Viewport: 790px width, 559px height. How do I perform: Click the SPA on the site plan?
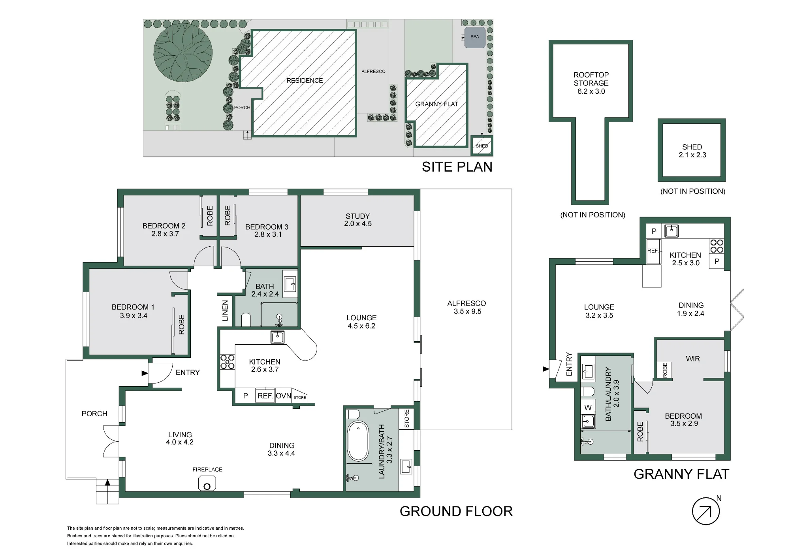pos(474,37)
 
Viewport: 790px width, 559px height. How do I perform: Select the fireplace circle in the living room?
pos(207,487)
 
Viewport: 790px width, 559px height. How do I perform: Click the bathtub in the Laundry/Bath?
pos(357,441)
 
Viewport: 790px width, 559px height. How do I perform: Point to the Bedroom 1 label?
pos(133,307)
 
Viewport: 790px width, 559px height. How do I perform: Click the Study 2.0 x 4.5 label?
pos(358,220)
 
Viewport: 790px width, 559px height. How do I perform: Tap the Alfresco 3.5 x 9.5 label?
pos(467,307)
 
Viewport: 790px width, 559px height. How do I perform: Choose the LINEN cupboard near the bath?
pos(225,311)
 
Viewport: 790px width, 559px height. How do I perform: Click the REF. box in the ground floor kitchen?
pos(265,396)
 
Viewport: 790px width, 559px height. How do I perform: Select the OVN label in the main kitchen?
pos(283,396)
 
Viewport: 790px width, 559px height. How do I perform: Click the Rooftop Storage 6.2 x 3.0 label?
pos(591,83)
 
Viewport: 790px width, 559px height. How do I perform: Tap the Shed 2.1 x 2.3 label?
pos(692,151)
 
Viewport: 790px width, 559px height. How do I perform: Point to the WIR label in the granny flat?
pos(693,359)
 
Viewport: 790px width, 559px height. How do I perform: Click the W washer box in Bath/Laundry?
pos(588,407)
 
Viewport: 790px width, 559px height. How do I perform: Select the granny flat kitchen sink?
pos(671,231)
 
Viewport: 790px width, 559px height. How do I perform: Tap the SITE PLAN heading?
pos(457,167)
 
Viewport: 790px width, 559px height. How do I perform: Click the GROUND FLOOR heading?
pos(456,511)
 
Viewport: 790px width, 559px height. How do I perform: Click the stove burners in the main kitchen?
pos(228,362)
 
